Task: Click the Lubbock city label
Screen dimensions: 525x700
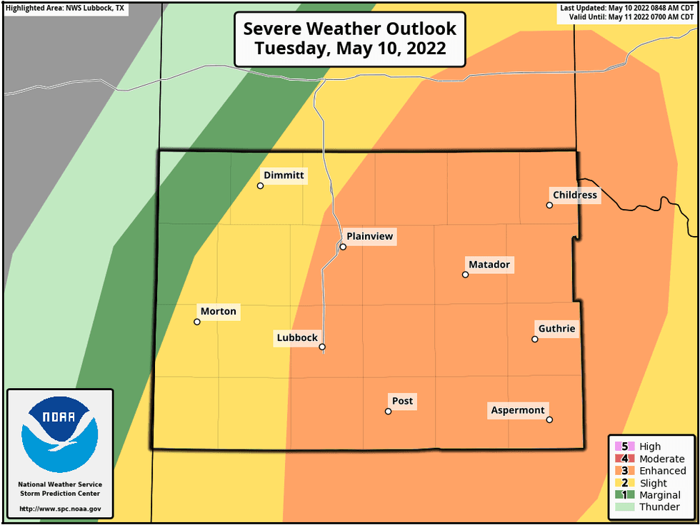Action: pos(296,339)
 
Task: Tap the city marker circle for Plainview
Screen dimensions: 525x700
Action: pos(343,247)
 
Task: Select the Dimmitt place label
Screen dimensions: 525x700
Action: pos(284,175)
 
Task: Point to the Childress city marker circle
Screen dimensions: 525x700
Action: pos(549,205)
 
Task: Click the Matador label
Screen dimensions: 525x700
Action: pos(489,265)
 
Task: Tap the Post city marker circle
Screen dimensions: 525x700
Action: pos(388,412)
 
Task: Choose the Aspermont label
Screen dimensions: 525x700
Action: pos(518,410)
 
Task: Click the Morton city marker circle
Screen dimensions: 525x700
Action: pos(197,322)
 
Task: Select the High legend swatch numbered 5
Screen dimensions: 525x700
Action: pos(619,447)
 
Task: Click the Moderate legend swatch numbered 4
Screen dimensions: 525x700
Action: pos(619,459)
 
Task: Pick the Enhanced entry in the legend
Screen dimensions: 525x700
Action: pos(662,471)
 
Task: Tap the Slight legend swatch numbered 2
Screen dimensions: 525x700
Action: pos(619,483)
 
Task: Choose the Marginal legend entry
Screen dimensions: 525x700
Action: pos(660,495)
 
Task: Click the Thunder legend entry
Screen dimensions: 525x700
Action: pos(659,507)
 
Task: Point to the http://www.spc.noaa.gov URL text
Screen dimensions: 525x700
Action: pos(60,509)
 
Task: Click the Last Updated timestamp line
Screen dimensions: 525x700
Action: pos(626,7)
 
